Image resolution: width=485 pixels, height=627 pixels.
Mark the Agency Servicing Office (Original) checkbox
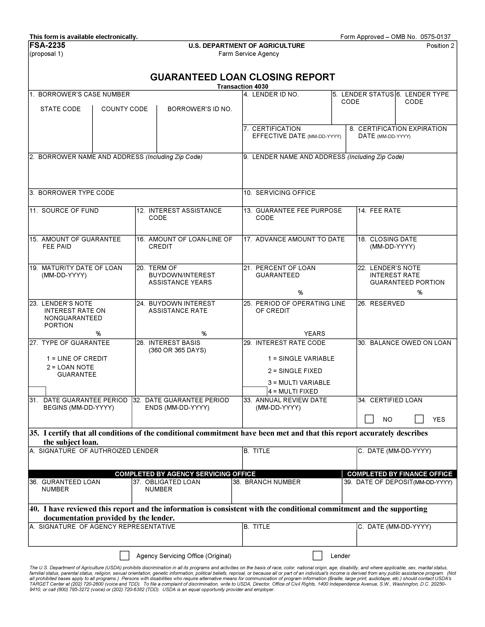click(124, 556)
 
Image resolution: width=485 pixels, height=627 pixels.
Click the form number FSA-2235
click(47, 45)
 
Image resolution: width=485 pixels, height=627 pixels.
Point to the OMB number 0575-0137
click(435, 37)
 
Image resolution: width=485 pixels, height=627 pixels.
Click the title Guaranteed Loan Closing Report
click(243, 77)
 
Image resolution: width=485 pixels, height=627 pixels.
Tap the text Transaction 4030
click(243, 86)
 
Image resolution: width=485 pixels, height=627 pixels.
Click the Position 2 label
click(440, 46)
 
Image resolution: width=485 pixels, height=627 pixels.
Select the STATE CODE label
click(60, 109)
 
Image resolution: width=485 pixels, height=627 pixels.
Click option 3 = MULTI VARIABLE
click(299, 383)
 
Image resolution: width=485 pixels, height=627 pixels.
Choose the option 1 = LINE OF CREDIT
click(77, 359)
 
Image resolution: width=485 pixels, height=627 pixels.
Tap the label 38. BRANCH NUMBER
click(267, 482)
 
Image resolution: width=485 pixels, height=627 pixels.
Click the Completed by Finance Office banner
click(400, 474)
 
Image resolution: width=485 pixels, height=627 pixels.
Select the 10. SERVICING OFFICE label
click(279, 193)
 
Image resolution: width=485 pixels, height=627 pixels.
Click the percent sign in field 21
click(300, 293)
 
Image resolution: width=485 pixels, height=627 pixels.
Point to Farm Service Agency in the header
click(248, 54)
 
